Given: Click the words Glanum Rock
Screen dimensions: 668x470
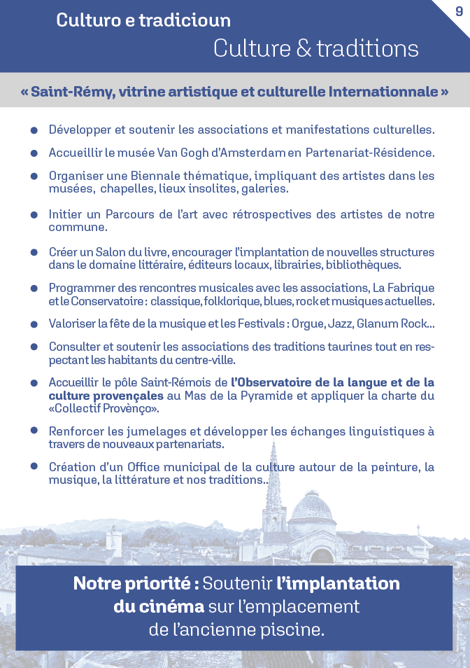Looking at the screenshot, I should pyautogui.click(x=394, y=323).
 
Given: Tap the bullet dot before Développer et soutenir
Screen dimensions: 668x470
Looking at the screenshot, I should pyautogui.click(x=34, y=131).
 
